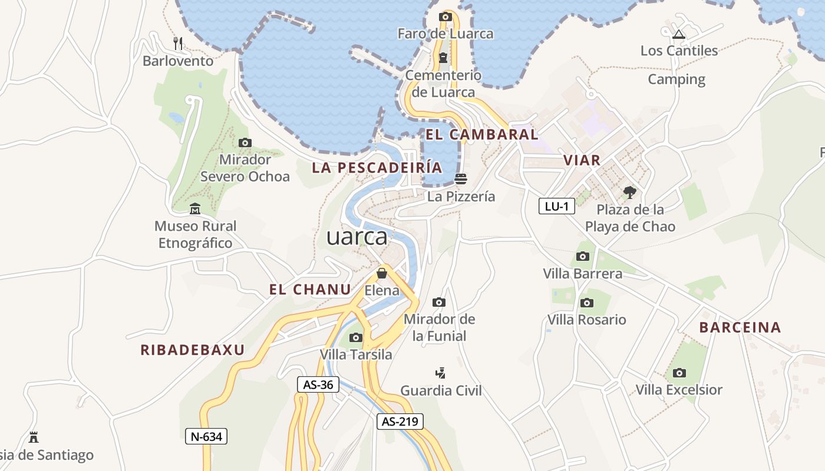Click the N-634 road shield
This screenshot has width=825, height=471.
(206, 436)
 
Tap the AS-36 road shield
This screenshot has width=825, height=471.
(318, 385)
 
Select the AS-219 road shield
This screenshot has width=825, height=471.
(400, 422)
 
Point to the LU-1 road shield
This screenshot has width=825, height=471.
(556, 206)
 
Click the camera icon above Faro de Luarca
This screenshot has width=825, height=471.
(445, 16)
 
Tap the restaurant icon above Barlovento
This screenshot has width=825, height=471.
(178, 43)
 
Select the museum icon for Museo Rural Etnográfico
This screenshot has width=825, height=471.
(195, 208)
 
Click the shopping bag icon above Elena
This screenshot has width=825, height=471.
(382, 273)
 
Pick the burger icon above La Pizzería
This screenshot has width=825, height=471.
(461, 178)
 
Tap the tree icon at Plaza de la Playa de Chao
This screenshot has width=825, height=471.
(630, 192)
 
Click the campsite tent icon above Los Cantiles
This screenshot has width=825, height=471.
(679, 34)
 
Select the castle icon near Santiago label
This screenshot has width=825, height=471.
(34, 437)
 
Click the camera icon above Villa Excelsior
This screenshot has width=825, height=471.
(679, 373)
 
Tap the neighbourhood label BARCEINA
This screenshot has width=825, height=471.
(740, 328)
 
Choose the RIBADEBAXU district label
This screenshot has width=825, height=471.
(192, 350)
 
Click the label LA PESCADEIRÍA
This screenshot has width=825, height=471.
(377, 168)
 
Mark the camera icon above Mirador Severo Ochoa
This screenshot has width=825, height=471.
(245, 142)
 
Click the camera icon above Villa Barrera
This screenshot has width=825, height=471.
(583, 256)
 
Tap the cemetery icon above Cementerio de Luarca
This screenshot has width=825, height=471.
(443, 58)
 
